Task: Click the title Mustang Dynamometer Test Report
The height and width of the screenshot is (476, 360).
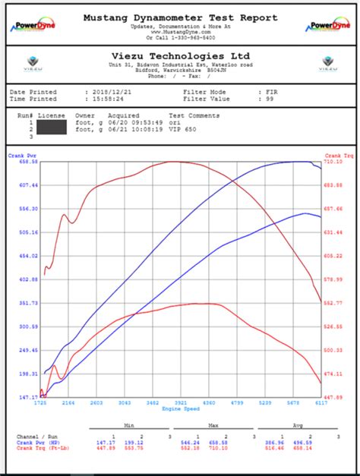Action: coord(179,16)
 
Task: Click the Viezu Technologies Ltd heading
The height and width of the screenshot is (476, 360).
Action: coord(179,56)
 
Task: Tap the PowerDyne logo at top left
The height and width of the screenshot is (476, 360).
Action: coord(30,25)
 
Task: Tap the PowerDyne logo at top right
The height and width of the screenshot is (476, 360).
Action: coord(330,25)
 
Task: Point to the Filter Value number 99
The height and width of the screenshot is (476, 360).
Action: coord(270,99)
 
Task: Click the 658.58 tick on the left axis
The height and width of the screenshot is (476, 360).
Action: coord(28,162)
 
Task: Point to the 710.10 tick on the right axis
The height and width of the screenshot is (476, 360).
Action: coord(333,162)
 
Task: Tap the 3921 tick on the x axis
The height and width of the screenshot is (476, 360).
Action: coord(180,403)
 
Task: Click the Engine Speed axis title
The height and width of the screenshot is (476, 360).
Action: coord(180,409)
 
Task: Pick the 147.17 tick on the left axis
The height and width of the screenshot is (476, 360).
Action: coord(28,397)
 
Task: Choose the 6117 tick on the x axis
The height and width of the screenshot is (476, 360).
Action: coord(321,403)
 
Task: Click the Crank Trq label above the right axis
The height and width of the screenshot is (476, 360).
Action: coord(331,155)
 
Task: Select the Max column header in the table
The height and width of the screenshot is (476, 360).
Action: coord(214,426)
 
